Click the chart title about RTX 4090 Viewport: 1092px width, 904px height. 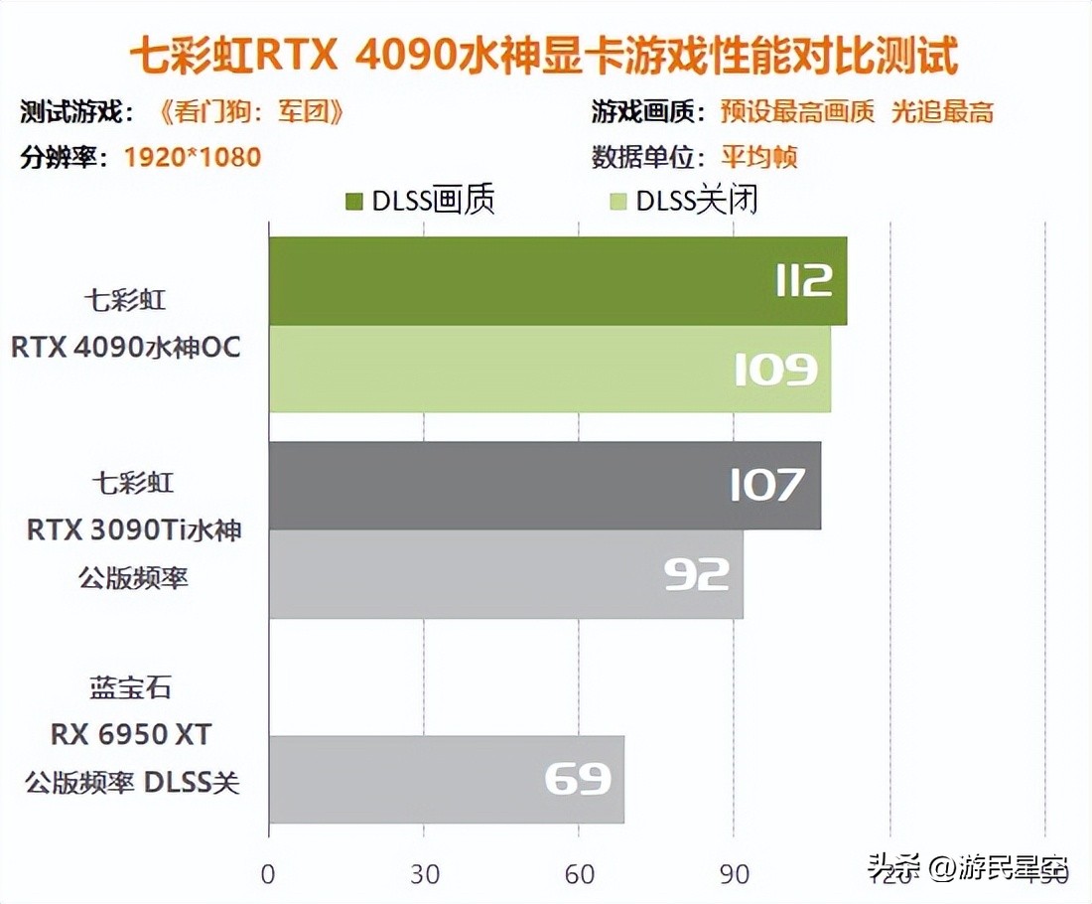[x=544, y=56]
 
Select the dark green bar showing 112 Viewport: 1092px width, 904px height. [x=557, y=281]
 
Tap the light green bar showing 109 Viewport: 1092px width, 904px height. [x=549, y=369]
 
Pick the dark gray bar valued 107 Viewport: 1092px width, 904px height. [x=544, y=486]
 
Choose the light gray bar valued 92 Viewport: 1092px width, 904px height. [x=505, y=574]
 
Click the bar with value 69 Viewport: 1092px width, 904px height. [x=446, y=779]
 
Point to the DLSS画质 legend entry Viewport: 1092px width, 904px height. [x=421, y=201]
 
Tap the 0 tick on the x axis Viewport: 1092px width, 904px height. [x=268, y=874]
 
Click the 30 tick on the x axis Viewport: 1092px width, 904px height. [x=424, y=874]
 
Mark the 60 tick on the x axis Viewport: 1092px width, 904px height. [x=580, y=874]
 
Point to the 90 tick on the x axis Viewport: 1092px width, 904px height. [x=735, y=874]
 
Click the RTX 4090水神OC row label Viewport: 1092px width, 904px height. [x=126, y=348]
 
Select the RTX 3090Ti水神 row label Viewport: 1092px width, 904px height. [x=134, y=529]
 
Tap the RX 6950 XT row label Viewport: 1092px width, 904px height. [x=132, y=734]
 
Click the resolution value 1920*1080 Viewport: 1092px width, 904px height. [x=193, y=157]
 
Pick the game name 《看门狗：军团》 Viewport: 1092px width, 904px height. [x=251, y=111]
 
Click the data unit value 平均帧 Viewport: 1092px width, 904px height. [x=759, y=157]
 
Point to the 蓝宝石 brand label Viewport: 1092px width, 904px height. [x=130, y=687]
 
